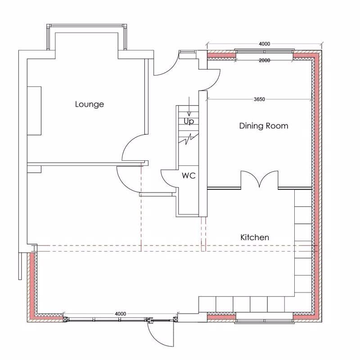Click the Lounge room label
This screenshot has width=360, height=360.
pyautogui.click(x=89, y=104)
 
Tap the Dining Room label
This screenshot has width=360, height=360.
pyautogui.click(x=263, y=126)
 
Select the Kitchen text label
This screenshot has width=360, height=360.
pyautogui.click(x=255, y=237)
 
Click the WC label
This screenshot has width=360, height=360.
pyautogui.click(x=189, y=176)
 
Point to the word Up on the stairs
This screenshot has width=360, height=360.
pyautogui.click(x=189, y=121)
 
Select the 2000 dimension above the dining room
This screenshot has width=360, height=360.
pyautogui.click(x=264, y=60)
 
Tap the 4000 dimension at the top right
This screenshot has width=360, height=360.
pyautogui.click(x=264, y=44)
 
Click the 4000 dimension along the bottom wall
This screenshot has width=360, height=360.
pyautogui.click(x=120, y=313)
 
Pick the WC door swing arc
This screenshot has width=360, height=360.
pyautogui.click(x=167, y=178)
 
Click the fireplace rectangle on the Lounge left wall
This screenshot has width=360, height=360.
pyautogui.click(x=34, y=111)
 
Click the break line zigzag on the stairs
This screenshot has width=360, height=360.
pyautogui.click(x=189, y=139)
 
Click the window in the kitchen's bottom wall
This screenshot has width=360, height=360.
pyautogui.click(x=264, y=320)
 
